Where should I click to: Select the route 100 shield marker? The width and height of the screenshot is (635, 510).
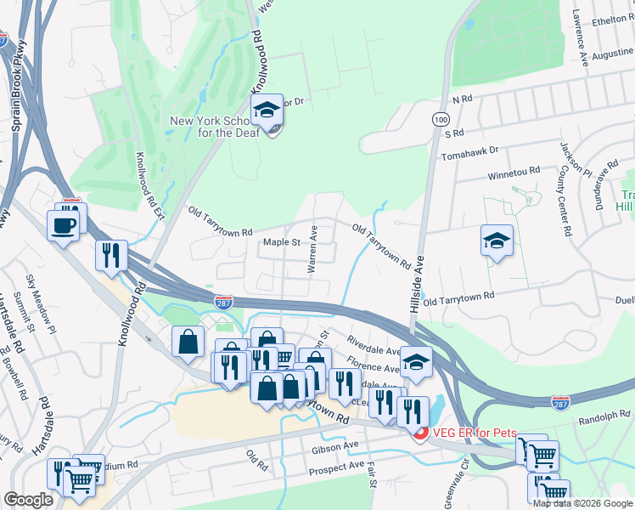tap(440, 119)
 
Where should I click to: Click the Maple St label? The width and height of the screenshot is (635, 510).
tap(282, 242)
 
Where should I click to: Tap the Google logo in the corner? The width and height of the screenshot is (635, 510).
tap(28, 500)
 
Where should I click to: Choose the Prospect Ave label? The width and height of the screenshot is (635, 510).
tap(337, 467)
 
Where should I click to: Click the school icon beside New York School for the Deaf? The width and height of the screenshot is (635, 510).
tap(267, 111)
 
